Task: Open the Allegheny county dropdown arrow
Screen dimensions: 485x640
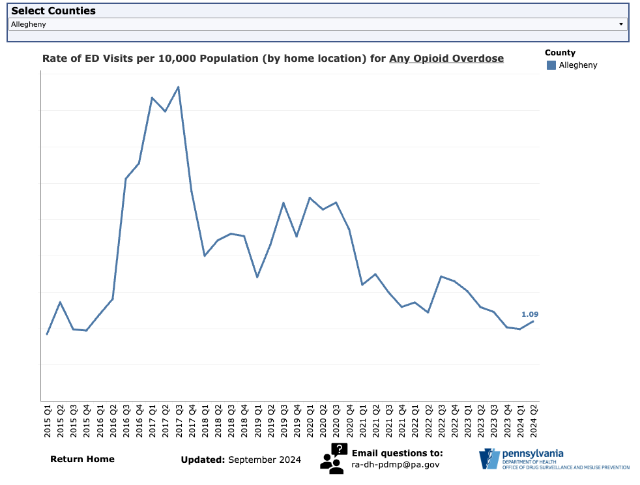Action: click(x=621, y=24)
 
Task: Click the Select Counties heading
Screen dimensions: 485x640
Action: click(x=53, y=11)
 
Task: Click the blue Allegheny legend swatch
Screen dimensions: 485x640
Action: click(x=551, y=65)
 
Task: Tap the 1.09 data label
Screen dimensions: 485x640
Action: click(x=530, y=314)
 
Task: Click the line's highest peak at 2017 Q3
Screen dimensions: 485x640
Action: click(x=178, y=87)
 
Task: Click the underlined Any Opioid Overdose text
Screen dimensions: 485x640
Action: click(x=446, y=58)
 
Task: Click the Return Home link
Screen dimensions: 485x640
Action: click(x=82, y=459)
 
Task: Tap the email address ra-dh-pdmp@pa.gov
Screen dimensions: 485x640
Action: click(x=396, y=465)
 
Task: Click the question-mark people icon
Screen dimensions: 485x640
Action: click(x=332, y=458)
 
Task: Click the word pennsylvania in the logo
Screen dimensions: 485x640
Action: click(x=532, y=454)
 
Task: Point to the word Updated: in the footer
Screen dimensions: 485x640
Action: click(x=203, y=460)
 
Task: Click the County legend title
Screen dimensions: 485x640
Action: click(x=560, y=53)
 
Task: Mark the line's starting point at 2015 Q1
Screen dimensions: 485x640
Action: click(x=47, y=334)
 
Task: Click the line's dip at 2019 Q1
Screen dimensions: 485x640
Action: click(x=257, y=277)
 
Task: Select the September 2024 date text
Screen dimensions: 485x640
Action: click(x=265, y=460)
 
